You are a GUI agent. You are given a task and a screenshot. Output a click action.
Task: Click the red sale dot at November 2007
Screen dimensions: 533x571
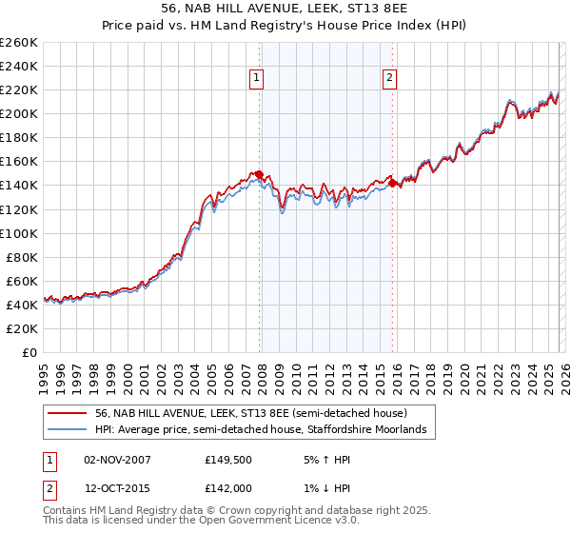tap(259, 174)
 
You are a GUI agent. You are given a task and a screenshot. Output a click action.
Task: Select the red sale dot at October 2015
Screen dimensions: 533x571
tap(393, 183)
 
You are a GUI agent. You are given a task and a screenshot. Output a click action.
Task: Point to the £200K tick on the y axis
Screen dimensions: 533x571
tap(19, 113)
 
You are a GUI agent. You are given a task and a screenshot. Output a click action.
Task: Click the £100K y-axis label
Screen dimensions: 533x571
tap(19, 233)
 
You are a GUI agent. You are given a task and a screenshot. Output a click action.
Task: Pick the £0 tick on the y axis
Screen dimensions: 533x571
tap(29, 352)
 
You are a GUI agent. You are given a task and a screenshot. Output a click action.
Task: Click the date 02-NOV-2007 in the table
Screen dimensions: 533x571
tap(117, 460)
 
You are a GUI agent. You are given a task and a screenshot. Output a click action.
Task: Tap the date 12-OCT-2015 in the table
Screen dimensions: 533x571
tap(117, 490)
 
